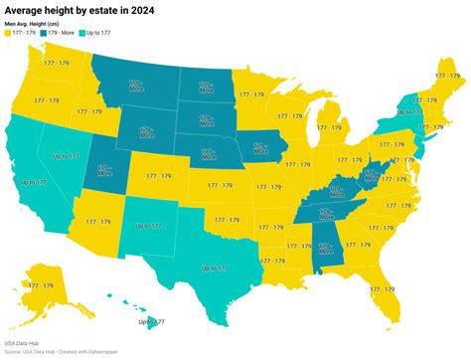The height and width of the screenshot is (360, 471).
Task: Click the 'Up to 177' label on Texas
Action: tap(214, 268)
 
